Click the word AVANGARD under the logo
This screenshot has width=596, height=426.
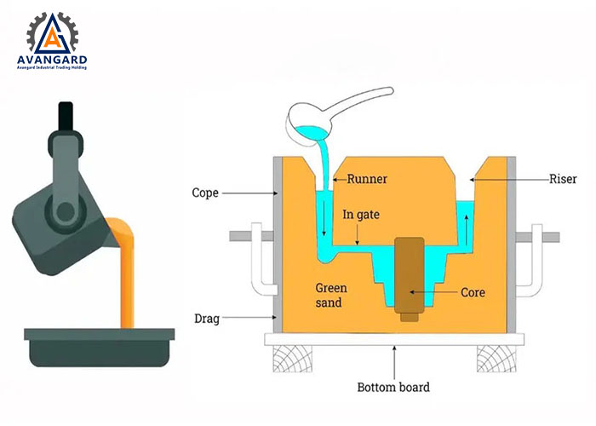coord(51,60)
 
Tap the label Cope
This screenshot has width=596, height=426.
coord(208,193)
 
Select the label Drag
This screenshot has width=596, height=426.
coord(208,319)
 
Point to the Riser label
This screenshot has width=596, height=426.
coord(561,179)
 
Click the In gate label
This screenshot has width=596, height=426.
coord(359,216)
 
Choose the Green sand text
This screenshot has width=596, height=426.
coord(331,295)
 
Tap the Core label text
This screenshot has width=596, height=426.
coord(473,292)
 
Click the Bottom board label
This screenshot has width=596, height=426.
coord(393,387)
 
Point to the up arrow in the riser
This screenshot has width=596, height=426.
coord(467,226)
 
